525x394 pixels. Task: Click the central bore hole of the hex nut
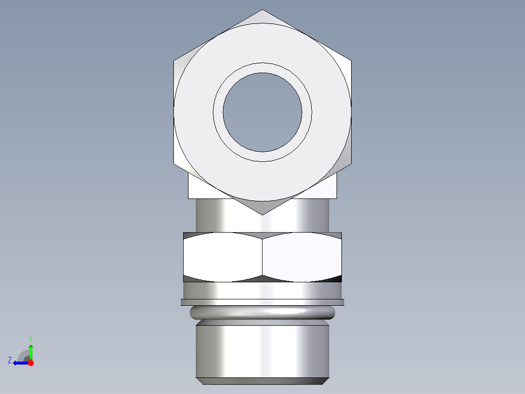tap(262, 112)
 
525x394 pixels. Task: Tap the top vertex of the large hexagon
tap(262, 10)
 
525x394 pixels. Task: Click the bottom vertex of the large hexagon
tap(262, 214)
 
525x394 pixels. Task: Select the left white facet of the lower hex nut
tap(223, 257)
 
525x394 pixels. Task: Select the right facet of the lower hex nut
tap(302, 257)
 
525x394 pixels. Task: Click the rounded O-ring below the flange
tap(262, 312)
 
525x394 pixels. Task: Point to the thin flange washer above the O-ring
tap(262, 302)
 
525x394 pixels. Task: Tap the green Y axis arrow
tap(31, 351)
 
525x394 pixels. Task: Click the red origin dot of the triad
tap(31, 363)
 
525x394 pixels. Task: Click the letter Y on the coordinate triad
tap(31, 338)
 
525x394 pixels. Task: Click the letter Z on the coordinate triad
tap(10, 360)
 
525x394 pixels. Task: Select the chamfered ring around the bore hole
tap(262, 68)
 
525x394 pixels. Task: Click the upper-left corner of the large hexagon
tap(174, 61)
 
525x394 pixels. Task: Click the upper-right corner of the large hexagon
tap(351, 61)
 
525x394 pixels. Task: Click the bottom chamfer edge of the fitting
tap(262, 381)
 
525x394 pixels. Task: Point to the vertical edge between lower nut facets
tap(262, 257)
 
